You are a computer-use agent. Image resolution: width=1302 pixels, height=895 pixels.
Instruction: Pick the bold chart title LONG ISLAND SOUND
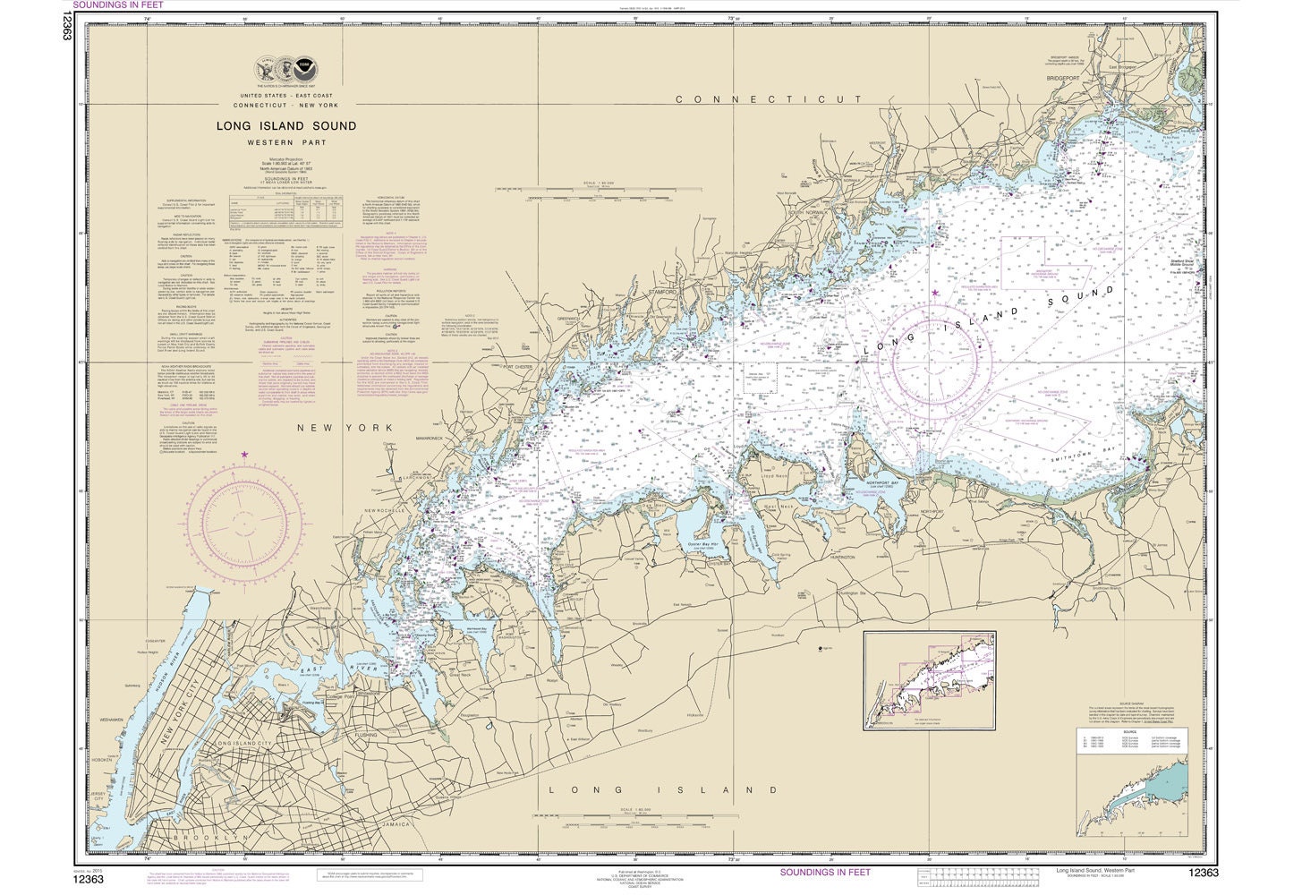coord(285,126)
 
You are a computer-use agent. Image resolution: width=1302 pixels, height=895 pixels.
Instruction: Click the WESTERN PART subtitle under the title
coord(285,142)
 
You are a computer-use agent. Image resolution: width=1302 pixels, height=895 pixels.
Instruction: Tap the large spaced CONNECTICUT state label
coord(769,100)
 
